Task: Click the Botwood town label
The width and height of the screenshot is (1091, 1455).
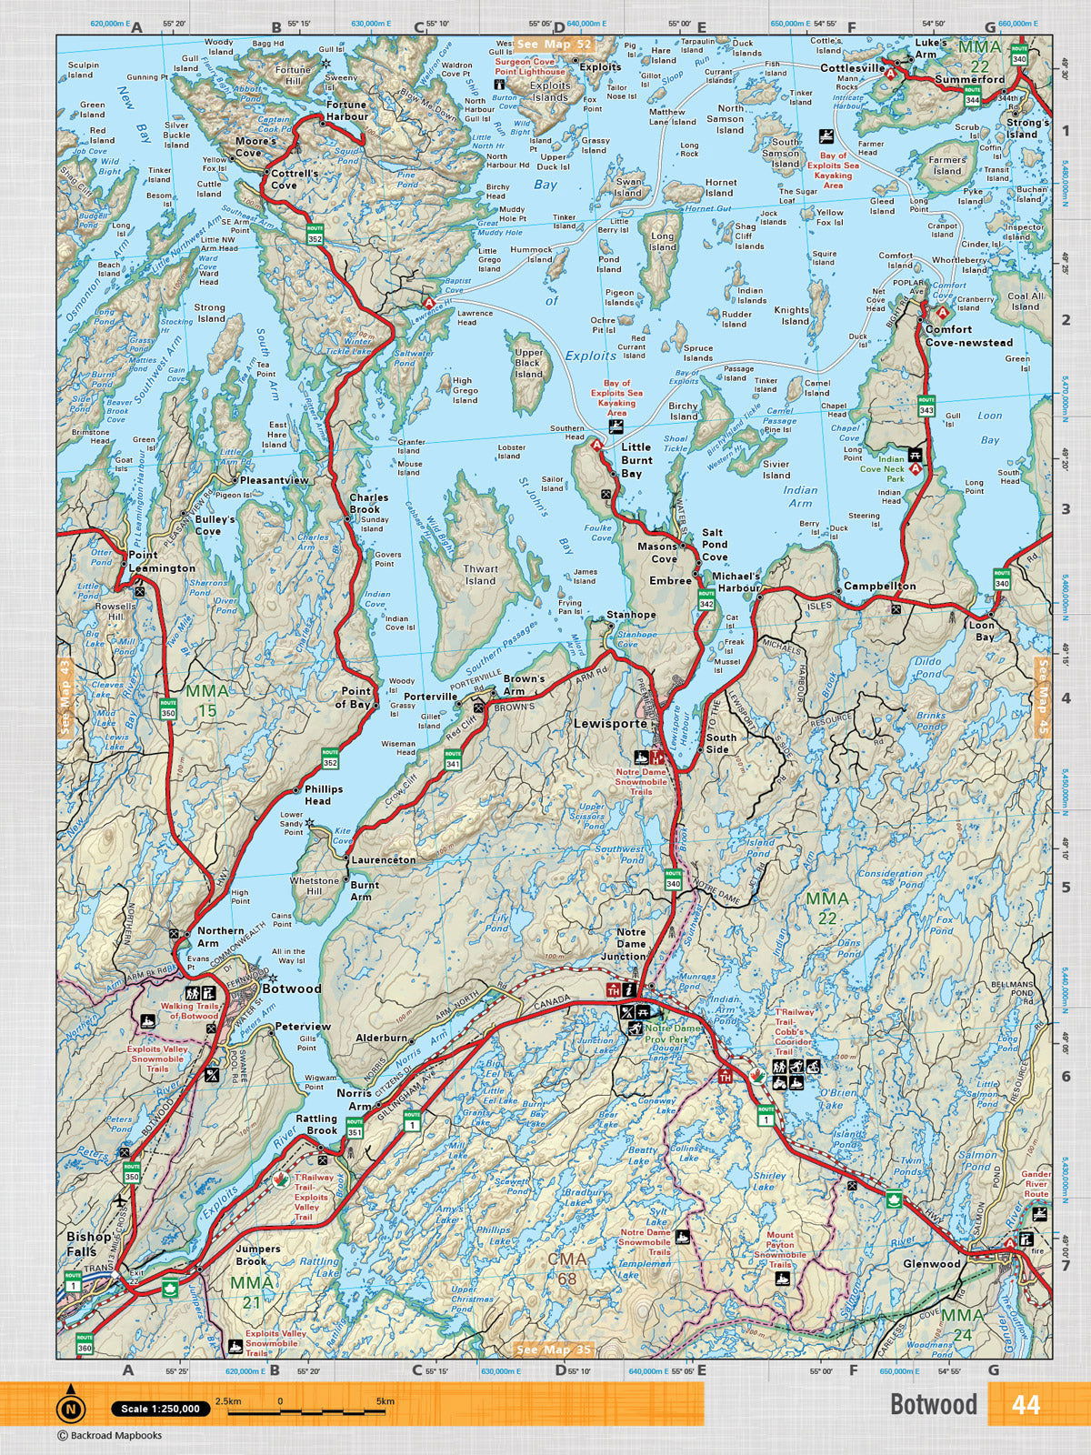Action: [x=291, y=988]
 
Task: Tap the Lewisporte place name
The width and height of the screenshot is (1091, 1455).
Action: [x=610, y=724]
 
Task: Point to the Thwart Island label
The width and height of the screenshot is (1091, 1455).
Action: [x=480, y=575]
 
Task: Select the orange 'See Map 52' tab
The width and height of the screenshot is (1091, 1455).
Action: [x=554, y=44]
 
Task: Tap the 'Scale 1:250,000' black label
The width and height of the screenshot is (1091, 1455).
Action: [x=160, y=1409]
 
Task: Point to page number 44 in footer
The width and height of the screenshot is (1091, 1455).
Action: [x=1025, y=1405]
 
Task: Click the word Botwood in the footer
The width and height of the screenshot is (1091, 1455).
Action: [x=933, y=1405]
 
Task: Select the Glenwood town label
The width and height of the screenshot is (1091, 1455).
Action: [x=932, y=1264]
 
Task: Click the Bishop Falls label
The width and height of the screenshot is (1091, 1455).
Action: [x=88, y=1244]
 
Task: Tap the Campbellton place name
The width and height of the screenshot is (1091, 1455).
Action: [x=879, y=587]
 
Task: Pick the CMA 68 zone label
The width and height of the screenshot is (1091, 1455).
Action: [x=566, y=1269]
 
